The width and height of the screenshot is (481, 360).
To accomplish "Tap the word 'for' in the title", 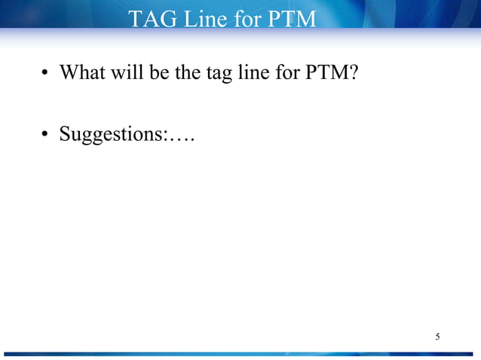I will tap(248, 18).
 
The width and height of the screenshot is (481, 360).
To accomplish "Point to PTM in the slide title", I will tap(293, 18).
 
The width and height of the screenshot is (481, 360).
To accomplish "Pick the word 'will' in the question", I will tap(127, 73).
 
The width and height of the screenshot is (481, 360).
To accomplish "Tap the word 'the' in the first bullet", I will tap(188, 73).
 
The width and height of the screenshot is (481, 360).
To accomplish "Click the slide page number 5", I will tap(437, 336).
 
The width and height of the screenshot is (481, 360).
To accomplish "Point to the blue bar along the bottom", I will tap(240, 353).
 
